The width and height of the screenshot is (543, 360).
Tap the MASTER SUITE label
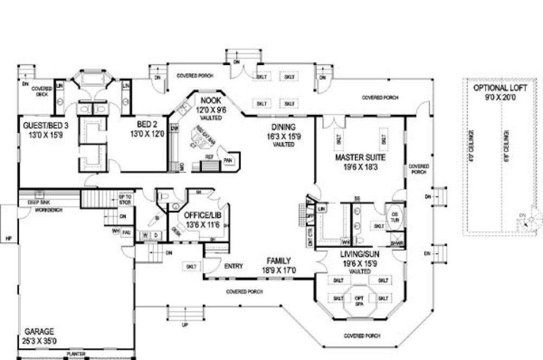click(360, 158)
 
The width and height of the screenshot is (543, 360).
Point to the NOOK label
click(209, 100)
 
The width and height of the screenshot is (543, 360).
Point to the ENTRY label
click(233, 266)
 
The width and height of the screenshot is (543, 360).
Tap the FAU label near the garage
click(126, 232)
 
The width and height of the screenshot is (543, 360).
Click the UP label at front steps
click(185, 325)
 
